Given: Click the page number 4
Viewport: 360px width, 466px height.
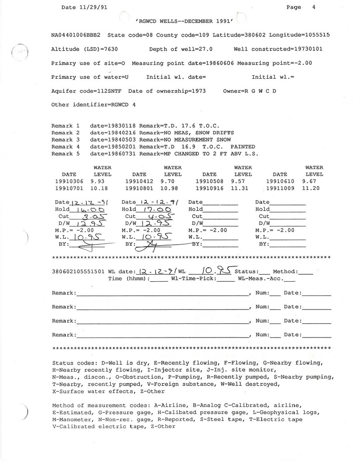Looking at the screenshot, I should pyautogui.click(x=313, y=7).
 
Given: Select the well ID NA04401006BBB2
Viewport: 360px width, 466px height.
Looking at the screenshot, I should pyautogui.click(x=77, y=35).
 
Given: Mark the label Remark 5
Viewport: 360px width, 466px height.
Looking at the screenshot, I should pyautogui.click(x=66, y=154).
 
